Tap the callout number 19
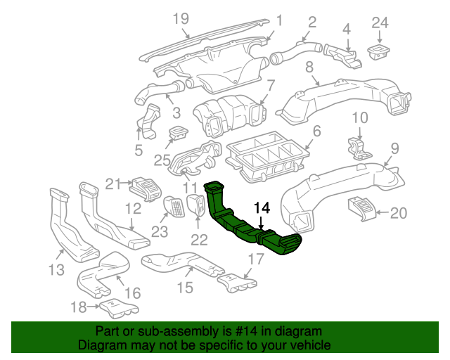click(x=181, y=18)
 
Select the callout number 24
click(x=380, y=22)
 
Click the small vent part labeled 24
click(x=380, y=49)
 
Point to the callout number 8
click(x=309, y=68)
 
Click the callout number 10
click(x=359, y=117)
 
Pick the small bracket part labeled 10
click(x=358, y=146)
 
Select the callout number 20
click(x=398, y=212)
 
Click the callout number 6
click(x=316, y=131)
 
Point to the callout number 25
click(x=162, y=160)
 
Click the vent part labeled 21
click(x=146, y=188)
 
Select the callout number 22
click(x=199, y=240)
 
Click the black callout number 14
click(x=262, y=208)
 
